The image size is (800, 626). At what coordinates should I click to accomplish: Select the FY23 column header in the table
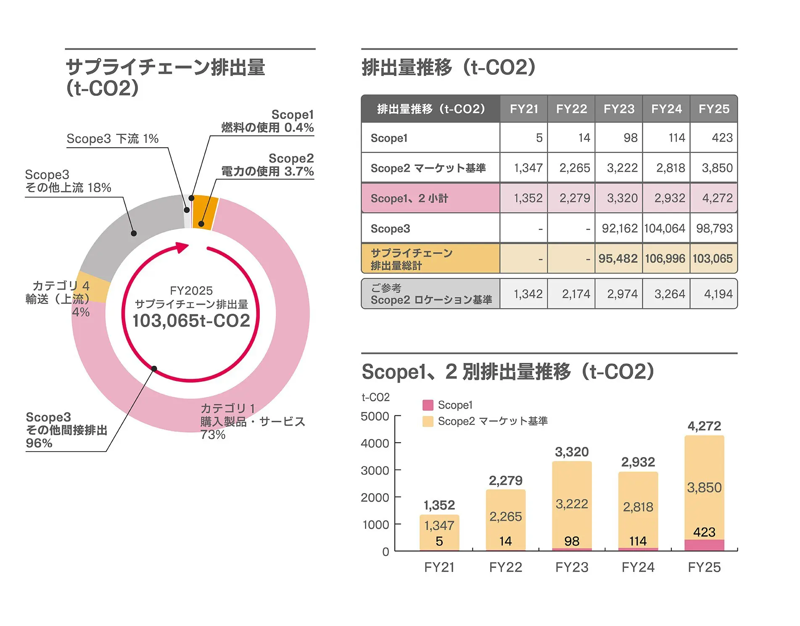(x=619, y=109)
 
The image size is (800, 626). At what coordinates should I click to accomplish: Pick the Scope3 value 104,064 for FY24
(x=665, y=228)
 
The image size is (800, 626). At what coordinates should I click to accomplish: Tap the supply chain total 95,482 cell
(x=618, y=259)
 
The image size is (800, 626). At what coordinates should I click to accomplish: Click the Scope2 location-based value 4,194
(x=718, y=294)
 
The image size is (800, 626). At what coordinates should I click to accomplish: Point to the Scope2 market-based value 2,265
(x=574, y=168)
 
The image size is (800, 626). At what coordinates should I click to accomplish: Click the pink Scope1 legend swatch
(x=428, y=405)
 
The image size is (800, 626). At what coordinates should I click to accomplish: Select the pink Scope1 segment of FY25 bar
(x=704, y=545)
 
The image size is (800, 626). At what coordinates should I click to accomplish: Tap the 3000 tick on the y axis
(x=375, y=470)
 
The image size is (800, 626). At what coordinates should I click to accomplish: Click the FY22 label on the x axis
(x=505, y=567)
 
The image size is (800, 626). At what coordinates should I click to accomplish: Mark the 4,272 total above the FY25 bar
(x=704, y=426)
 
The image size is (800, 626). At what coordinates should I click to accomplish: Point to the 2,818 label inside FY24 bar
(x=638, y=507)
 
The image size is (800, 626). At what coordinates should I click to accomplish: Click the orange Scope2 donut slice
(x=206, y=212)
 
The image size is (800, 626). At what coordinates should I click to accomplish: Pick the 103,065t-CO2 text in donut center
(x=191, y=321)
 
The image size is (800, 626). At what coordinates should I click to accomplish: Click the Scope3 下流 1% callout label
(x=112, y=139)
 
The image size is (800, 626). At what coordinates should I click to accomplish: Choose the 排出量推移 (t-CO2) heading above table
(x=449, y=68)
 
